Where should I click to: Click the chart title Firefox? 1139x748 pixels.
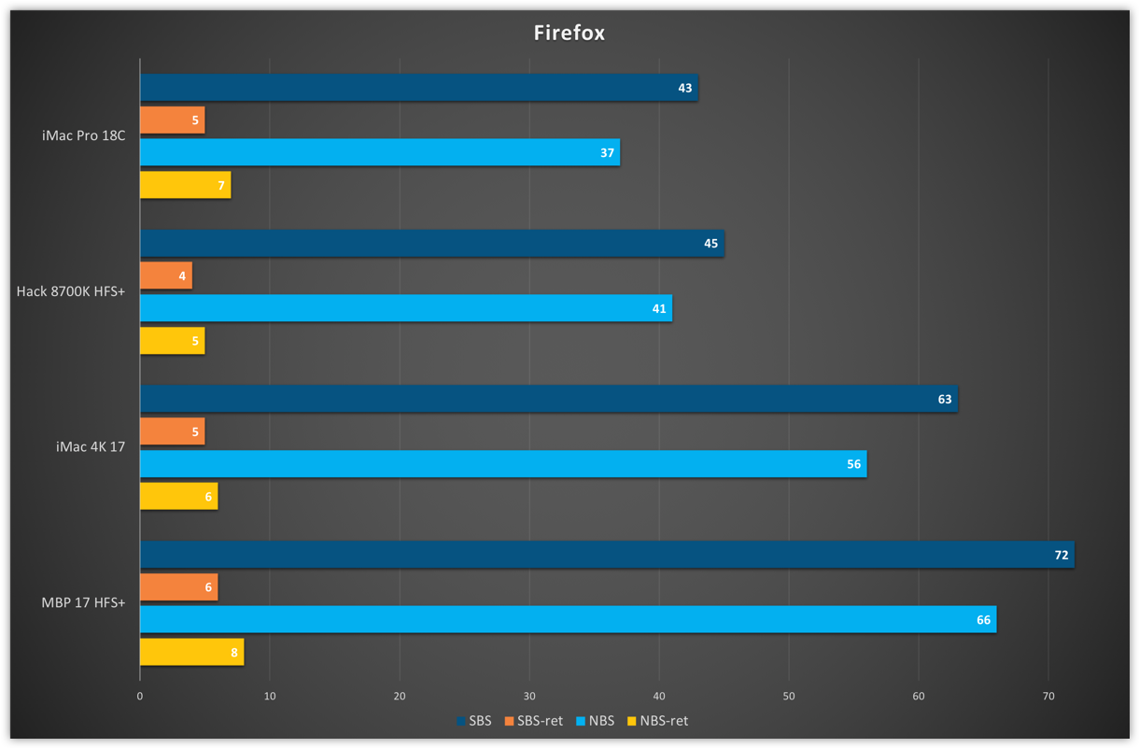[569, 33]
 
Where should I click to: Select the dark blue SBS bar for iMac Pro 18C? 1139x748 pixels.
[418, 88]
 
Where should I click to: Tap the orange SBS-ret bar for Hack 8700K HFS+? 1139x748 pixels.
[166, 275]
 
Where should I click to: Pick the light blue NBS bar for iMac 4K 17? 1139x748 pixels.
[502, 464]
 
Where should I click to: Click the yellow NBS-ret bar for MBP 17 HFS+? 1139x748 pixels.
[191, 653]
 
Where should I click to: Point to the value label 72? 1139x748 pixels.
[1061, 555]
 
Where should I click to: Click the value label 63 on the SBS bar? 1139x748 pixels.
[944, 400]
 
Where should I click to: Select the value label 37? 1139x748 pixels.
[607, 152]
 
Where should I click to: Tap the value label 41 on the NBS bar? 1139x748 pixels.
[659, 308]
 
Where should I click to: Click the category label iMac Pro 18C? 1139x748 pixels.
[83, 136]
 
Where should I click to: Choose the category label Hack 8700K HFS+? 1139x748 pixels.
[71, 291]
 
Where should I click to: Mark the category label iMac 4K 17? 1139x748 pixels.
[91, 447]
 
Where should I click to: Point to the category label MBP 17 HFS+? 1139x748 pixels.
[83, 602]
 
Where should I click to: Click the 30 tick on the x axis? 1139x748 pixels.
[529, 696]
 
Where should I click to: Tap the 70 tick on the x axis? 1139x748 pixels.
[1048, 696]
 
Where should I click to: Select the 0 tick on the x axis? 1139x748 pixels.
[140, 696]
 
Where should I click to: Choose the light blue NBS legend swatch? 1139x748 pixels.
[581, 721]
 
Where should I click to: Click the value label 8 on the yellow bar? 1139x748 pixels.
[234, 653]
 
